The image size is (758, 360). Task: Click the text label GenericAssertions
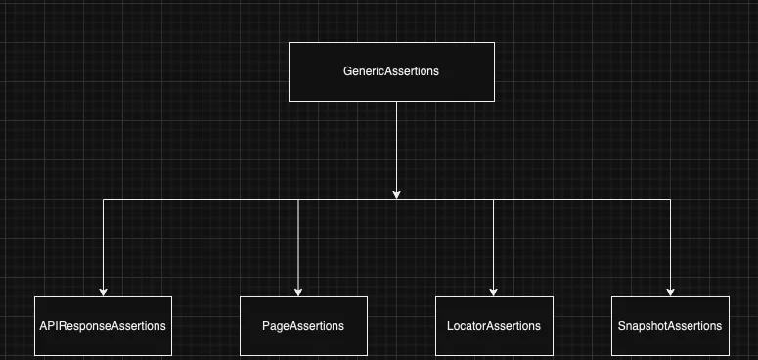[x=391, y=71]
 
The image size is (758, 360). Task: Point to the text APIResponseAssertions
[x=103, y=326]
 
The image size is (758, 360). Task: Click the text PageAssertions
[x=303, y=326]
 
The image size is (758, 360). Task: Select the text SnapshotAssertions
[x=670, y=326]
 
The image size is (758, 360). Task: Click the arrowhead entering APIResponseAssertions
[x=103, y=291]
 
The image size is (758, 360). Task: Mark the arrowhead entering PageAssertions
[x=298, y=291]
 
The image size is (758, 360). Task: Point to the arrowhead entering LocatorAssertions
[x=493, y=291]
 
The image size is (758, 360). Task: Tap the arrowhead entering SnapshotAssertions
[x=671, y=291]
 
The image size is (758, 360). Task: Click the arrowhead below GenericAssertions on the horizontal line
[x=396, y=193]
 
